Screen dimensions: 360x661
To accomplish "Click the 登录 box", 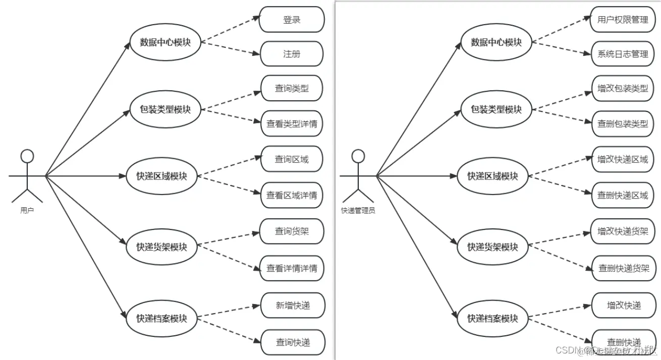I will coord(292,20).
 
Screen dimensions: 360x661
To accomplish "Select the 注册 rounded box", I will coord(292,53).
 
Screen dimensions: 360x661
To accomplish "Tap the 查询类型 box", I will coord(292,88).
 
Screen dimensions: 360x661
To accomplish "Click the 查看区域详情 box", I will coord(292,195).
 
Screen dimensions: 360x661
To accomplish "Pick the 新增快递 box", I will coord(292,305).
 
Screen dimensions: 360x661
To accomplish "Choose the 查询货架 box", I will coord(292,231).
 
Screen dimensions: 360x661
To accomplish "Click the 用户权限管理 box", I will coord(622,20).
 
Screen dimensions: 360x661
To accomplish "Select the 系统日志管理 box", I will coord(622,53).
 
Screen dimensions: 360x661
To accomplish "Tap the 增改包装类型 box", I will coord(622,88).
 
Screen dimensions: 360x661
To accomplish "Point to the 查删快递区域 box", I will coord(622,195).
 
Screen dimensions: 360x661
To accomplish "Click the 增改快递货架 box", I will coord(622,231).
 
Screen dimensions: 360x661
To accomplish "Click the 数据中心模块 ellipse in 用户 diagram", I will coord(165,42).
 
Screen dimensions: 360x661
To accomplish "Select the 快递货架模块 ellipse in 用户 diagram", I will coord(161,247).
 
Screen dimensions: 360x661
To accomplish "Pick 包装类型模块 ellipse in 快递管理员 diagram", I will coord(496,109).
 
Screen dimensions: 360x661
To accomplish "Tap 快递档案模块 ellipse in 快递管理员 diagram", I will coord(492,319).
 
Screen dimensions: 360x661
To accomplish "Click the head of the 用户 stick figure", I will coord(27,156).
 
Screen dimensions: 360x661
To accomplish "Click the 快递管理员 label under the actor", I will coord(358,211).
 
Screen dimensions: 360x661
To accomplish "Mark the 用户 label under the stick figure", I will coord(27,210).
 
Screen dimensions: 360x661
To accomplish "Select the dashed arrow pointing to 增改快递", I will coord(560,311).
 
